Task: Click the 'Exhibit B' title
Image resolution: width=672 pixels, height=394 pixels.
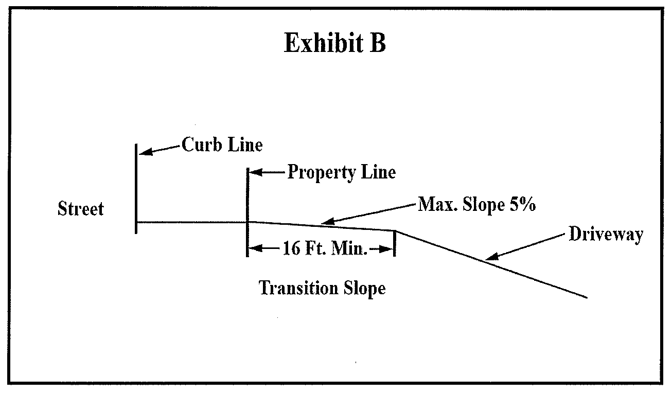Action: [334, 44]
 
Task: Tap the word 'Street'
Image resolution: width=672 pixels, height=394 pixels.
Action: [81, 209]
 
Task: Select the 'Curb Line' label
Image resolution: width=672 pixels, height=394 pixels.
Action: [222, 146]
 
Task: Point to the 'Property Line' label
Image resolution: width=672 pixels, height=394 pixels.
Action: [341, 172]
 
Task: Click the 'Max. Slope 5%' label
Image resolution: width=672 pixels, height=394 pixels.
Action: [477, 205]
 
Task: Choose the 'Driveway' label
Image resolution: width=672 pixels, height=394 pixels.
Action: [606, 235]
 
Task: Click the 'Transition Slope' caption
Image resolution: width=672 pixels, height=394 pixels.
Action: [322, 288]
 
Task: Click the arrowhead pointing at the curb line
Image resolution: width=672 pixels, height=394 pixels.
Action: [144, 152]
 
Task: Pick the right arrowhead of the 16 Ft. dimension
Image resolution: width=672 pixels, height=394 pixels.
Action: [388, 250]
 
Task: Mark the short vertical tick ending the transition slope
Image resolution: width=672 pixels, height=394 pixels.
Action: [395, 243]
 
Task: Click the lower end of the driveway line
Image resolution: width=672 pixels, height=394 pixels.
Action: [586, 297]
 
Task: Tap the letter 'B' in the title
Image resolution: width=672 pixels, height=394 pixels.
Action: [376, 44]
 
